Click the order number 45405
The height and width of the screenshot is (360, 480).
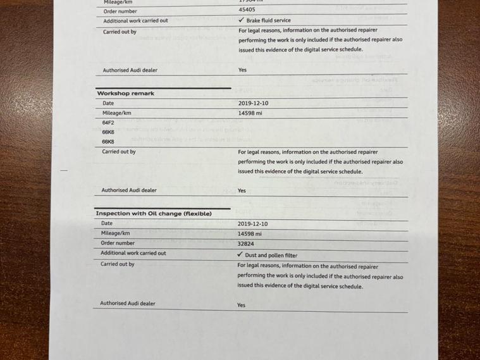247,10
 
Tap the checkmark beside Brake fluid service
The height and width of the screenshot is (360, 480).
242,20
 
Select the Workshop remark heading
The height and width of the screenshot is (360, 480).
125,94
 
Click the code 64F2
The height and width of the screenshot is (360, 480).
108,122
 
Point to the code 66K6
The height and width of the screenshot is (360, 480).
108,132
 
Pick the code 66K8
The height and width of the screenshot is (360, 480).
108,142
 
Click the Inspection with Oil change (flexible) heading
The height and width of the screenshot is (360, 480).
154,214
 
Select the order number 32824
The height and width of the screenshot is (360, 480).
247,244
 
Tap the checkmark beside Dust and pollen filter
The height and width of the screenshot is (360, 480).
240,254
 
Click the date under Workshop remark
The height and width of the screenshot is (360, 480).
253,103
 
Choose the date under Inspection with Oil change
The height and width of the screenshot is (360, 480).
252,224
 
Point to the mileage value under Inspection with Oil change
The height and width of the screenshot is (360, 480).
249,233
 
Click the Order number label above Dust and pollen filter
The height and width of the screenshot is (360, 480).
118,243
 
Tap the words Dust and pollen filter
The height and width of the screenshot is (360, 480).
272,256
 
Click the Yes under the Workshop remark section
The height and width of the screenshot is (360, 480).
242,190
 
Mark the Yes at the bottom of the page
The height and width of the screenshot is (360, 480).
241,305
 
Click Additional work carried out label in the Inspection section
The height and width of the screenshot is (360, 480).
133,253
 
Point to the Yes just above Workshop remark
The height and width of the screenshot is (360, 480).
242,70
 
